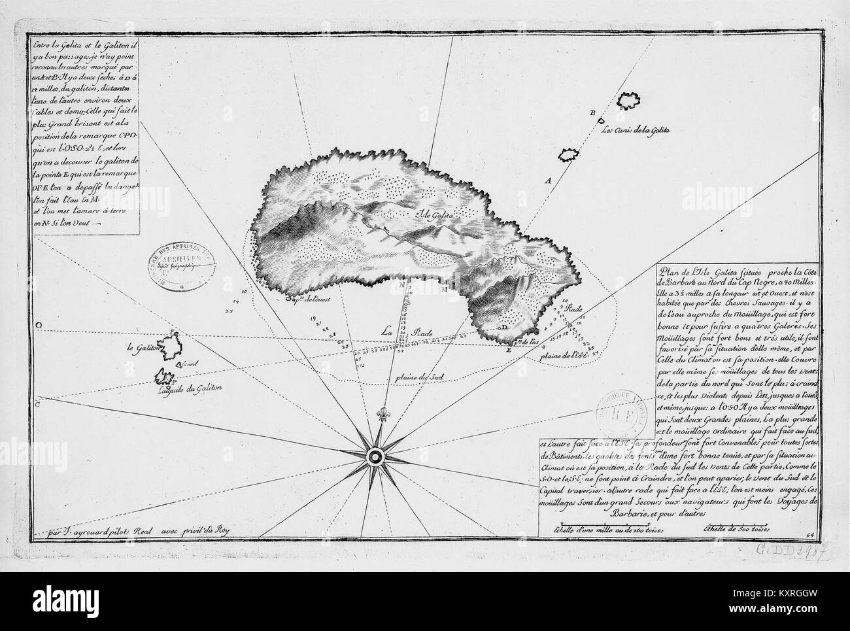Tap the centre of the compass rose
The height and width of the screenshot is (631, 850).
click(x=376, y=456)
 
